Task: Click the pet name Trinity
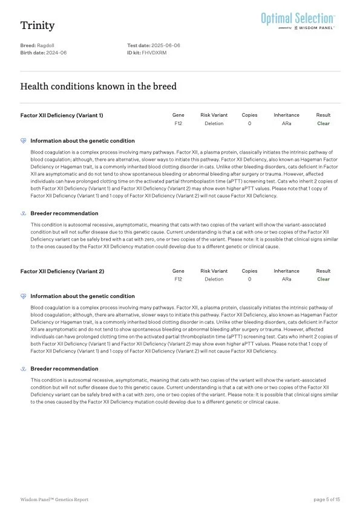point(38,25)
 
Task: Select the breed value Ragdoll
point(48,46)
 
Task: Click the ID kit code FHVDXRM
point(154,53)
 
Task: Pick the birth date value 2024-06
point(57,53)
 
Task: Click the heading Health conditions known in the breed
point(99,86)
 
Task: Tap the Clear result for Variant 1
point(323,123)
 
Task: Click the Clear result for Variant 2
point(323,279)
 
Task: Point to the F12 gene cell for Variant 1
point(178,123)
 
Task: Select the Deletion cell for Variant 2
point(214,279)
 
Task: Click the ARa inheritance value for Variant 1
point(286,123)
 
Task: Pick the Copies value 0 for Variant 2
point(249,279)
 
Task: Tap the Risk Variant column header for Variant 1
point(214,115)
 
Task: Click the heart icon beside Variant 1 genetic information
point(24,140)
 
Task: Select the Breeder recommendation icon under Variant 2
point(24,369)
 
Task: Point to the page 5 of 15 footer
point(327,499)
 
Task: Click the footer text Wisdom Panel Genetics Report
point(54,499)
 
